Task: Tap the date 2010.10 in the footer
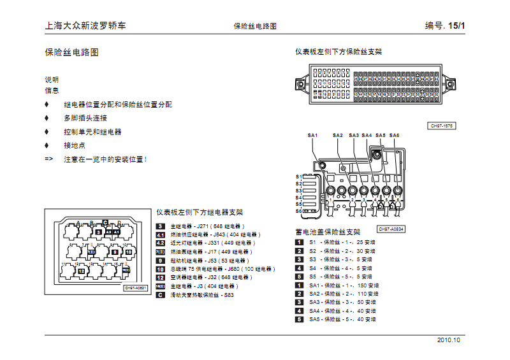(x=448, y=340)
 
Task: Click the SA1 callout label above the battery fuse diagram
(x=312, y=135)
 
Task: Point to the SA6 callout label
(x=394, y=135)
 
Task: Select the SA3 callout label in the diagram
(x=353, y=135)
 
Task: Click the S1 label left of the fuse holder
(x=298, y=176)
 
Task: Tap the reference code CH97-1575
(x=441, y=126)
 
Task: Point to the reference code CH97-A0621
(x=136, y=288)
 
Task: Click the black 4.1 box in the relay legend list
(x=161, y=235)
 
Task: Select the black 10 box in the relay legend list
(x=161, y=270)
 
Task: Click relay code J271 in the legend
(x=203, y=226)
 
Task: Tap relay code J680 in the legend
(x=235, y=270)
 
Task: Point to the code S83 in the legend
(x=229, y=295)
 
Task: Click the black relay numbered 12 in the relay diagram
(x=81, y=271)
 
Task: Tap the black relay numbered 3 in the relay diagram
(x=98, y=233)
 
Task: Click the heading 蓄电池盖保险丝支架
(x=328, y=232)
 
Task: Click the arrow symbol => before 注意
(x=49, y=159)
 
